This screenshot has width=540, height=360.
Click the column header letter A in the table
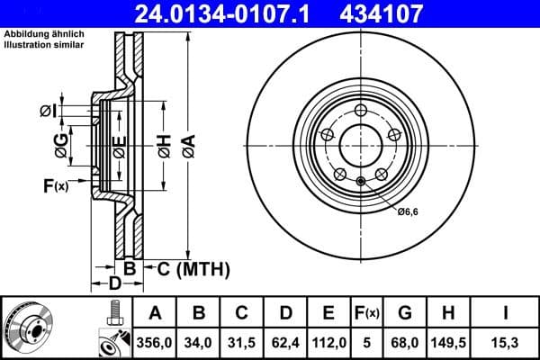tap(154, 313)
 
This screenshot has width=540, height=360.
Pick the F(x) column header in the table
tap(368, 313)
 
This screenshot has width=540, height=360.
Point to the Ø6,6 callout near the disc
tap(408, 211)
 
